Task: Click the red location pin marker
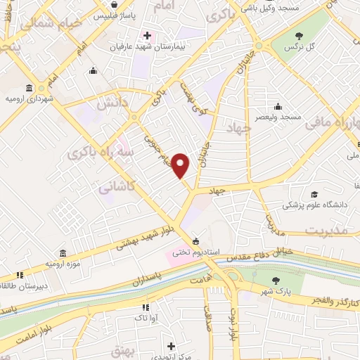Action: click(181, 165)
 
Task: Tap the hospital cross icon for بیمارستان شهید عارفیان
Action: click(146, 35)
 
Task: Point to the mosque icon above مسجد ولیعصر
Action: click(278, 107)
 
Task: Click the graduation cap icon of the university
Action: click(314, 194)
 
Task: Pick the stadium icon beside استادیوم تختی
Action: click(195, 240)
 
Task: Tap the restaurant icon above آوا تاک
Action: click(145, 307)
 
